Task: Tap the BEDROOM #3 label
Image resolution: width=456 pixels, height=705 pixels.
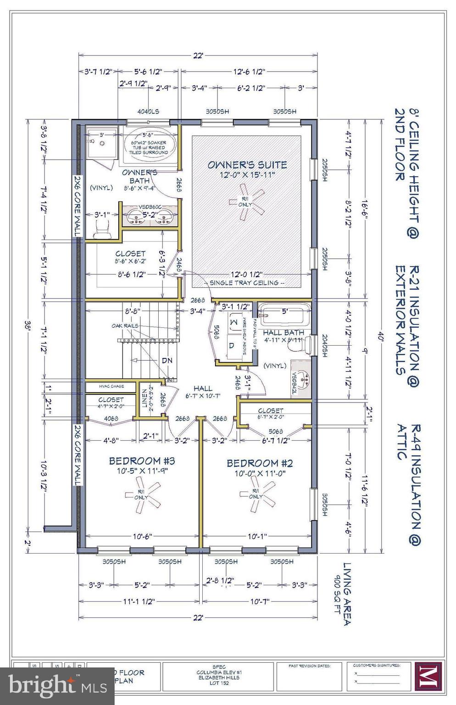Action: pyautogui.click(x=142, y=461)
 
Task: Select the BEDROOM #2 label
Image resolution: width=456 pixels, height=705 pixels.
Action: pyautogui.click(x=260, y=463)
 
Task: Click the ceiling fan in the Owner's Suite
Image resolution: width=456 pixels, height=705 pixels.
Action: pyautogui.click(x=248, y=202)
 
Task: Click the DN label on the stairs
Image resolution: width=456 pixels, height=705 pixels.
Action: pyautogui.click(x=167, y=361)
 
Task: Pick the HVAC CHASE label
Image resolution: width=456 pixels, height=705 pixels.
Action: pyautogui.click(x=111, y=386)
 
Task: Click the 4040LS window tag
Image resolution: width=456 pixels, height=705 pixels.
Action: pyautogui.click(x=148, y=112)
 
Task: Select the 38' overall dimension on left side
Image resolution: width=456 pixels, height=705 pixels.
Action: pyautogui.click(x=28, y=327)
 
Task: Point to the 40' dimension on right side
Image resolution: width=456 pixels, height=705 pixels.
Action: pyautogui.click(x=380, y=334)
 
